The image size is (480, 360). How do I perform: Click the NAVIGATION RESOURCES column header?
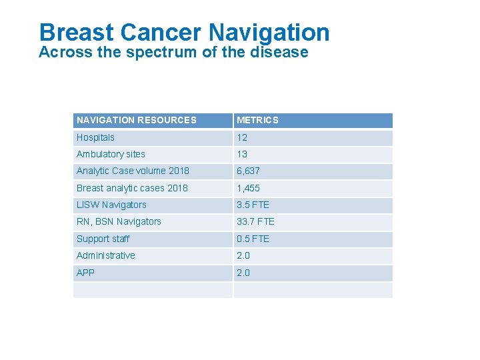[x=137, y=121]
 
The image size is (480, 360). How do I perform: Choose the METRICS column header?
[x=257, y=121]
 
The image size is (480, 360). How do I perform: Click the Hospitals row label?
[x=95, y=137]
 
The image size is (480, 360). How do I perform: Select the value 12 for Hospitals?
[x=242, y=137]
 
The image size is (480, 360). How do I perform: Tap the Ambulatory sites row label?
[x=111, y=154]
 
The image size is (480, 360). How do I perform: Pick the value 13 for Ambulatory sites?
[x=242, y=154]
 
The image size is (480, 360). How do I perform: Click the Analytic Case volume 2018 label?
[x=133, y=171]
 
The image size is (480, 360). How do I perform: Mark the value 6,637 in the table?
[x=248, y=171]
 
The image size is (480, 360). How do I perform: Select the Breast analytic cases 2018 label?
[x=132, y=188]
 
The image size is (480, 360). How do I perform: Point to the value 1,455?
[x=248, y=188]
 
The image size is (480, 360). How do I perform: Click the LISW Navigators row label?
[x=111, y=205]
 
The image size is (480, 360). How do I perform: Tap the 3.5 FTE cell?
[x=253, y=205]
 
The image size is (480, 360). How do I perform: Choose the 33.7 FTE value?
[x=255, y=221]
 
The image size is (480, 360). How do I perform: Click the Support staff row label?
[x=103, y=239]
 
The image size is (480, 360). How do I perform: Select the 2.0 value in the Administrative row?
[x=243, y=255]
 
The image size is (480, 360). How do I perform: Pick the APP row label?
[x=85, y=273]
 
